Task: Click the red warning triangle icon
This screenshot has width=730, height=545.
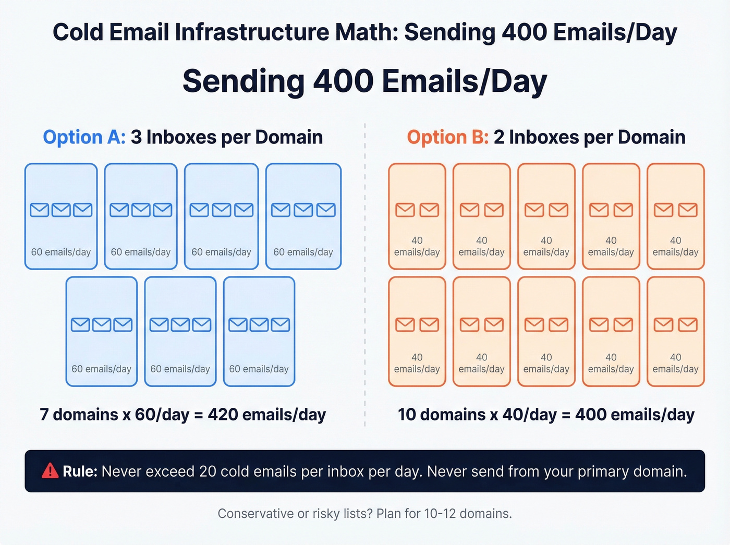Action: point(50,471)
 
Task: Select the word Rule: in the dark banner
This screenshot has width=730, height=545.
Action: point(80,471)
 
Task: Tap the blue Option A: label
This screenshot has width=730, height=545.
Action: point(84,137)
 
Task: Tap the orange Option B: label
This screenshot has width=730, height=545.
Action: point(447,137)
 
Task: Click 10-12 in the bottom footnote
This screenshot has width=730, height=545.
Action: point(440,514)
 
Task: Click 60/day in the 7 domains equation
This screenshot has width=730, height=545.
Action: point(162,415)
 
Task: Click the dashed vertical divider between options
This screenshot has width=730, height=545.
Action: point(365,271)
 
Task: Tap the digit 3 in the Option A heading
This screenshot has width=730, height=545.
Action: point(136,137)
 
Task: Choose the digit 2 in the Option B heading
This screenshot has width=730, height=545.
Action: point(499,137)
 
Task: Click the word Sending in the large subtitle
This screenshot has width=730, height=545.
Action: point(243,81)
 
